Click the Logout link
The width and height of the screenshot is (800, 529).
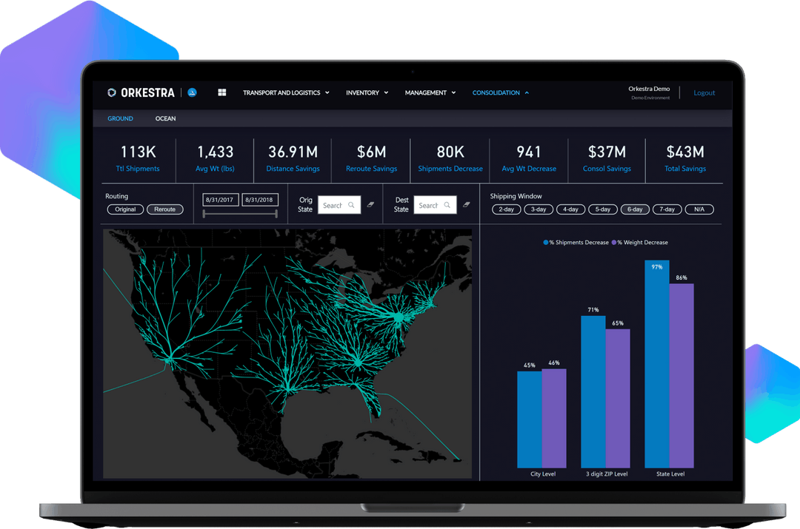(704, 93)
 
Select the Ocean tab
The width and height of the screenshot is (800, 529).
(165, 118)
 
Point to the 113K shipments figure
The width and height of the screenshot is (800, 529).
(138, 152)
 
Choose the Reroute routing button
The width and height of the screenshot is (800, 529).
(164, 209)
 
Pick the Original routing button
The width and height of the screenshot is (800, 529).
(125, 209)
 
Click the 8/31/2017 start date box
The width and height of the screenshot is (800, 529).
(221, 200)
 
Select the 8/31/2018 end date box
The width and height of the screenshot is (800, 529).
(259, 200)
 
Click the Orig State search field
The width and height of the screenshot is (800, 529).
(339, 205)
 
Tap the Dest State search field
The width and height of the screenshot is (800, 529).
(434, 205)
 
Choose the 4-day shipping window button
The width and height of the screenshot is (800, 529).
(570, 209)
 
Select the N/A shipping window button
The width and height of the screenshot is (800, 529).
(699, 209)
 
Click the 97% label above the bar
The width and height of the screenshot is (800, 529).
(656, 267)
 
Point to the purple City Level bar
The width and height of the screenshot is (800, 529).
(553, 418)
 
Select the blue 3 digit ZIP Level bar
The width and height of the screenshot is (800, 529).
(593, 392)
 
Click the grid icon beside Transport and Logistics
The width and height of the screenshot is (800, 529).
(221, 93)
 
